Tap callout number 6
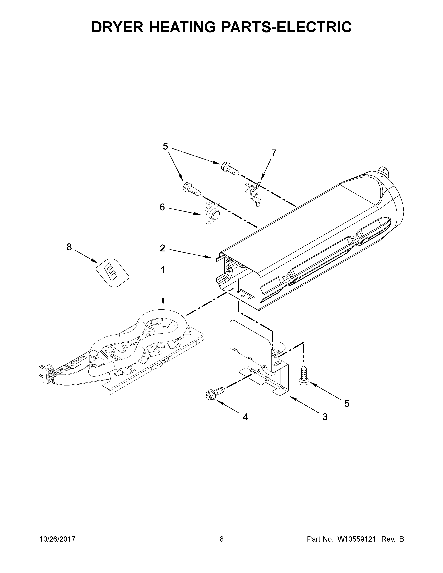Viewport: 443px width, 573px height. (162, 207)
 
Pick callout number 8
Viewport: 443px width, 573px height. (69, 247)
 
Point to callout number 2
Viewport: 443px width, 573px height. (162, 248)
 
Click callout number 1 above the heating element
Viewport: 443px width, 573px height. (163, 269)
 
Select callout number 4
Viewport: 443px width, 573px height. (245, 417)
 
